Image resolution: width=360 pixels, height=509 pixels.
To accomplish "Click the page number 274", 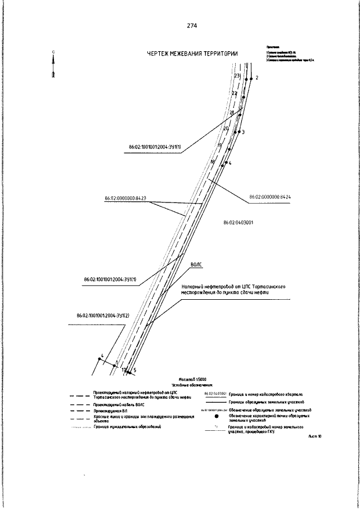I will (192, 26).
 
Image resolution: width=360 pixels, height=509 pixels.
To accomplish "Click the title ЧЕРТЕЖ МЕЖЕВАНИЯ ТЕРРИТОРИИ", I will (192, 53).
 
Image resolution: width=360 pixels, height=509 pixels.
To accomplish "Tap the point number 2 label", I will (256, 78).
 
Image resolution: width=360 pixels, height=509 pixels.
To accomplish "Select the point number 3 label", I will (243, 132).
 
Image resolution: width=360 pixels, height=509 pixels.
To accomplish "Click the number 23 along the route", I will (237, 75).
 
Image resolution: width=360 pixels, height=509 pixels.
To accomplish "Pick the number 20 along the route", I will (226, 128).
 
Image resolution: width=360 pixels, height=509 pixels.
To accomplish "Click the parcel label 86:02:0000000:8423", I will (125, 198).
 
